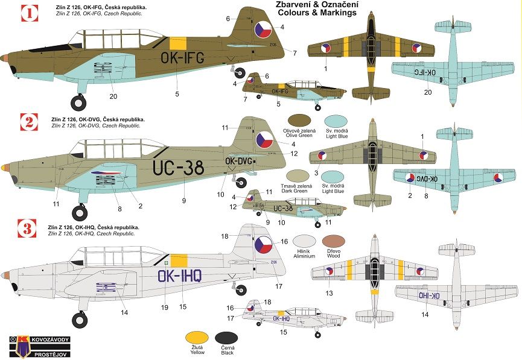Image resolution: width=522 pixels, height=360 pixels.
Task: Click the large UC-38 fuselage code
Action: tap(179, 168)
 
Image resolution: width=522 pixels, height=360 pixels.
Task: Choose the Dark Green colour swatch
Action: tap(302, 174)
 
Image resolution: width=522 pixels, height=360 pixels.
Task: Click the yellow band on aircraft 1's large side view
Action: tap(177, 43)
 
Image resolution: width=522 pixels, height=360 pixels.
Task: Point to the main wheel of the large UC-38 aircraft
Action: tap(79, 212)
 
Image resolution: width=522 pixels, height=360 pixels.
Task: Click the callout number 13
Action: tap(329, 292)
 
